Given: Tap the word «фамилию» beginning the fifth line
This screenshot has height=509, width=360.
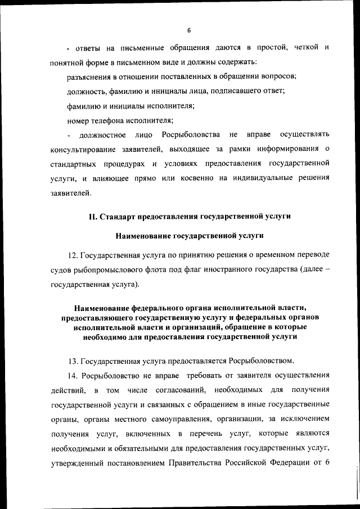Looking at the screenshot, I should pyautogui.click(x=82, y=105).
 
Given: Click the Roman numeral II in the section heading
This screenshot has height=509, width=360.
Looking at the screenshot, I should pyautogui.click(x=93, y=216).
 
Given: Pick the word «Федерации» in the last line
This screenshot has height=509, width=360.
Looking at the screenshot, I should pyautogui.click(x=297, y=462).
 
